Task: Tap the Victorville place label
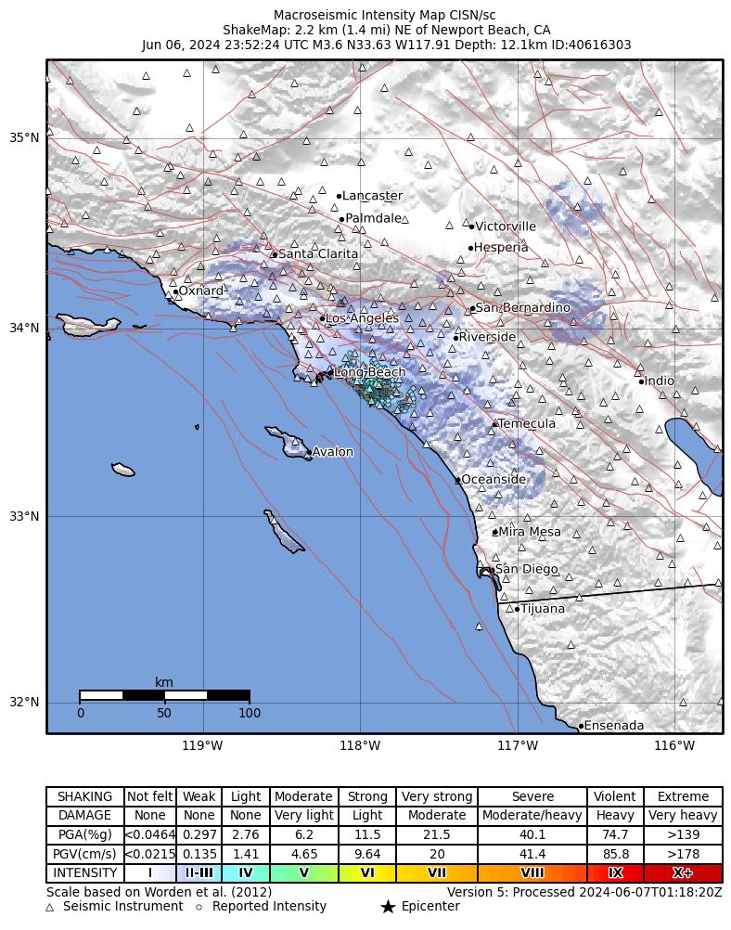tap(505, 226)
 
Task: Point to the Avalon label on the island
tap(332, 452)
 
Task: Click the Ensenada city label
tap(614, 726)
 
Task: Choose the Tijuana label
tap(543, 609)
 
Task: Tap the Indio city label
tap(660, 381)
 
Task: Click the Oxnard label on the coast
tap(200, 291)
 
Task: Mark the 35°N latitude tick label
tap(24, 138)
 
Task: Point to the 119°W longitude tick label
tap(202, 745)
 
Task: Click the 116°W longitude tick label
tap(674, 745)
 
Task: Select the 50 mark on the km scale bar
tap(164, 713)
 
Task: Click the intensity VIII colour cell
tap(532, 873)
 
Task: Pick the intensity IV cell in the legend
tap(246, 873)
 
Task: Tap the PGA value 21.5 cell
tap(436, 835)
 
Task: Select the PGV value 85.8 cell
tap(615, 854)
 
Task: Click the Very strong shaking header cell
tap(436, 796)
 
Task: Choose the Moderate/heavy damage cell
tap(532, 816)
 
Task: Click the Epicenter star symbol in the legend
tap(388, 907)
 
